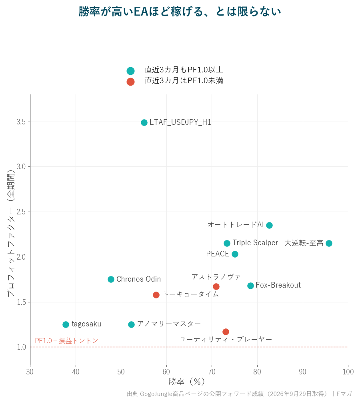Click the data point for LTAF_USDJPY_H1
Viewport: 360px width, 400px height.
tap(144, 122)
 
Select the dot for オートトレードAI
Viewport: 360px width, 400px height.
tap(269, 225)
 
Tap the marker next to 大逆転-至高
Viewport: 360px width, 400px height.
tap(329, 243)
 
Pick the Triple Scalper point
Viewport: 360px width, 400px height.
tap(227, 243)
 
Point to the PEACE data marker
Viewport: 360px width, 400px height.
tap(235, 254)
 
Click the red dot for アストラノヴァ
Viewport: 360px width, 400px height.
tap(216, 286)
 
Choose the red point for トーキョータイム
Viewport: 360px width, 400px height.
tap(156, 295)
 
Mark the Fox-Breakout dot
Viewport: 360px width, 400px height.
tap(250, 286)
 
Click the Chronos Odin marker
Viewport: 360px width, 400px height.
tap(111, 279)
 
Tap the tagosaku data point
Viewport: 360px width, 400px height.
tap(66, 324)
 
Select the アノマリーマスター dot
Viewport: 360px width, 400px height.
tap(131, 324)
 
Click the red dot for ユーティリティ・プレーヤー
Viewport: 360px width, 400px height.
tap(226, 332)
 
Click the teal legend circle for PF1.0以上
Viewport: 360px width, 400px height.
tap(130, 71)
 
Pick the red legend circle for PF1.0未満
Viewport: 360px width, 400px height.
tap(130, 82)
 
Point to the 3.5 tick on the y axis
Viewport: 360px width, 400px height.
tap(21, 122)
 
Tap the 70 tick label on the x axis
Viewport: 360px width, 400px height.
tap(212, 372)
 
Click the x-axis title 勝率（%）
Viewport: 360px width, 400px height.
tap(186, 382)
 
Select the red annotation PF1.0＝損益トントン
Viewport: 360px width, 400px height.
tap(66, 341)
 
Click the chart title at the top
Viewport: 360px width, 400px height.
tap(180, 12)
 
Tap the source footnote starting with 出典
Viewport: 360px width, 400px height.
tap(239, 394)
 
